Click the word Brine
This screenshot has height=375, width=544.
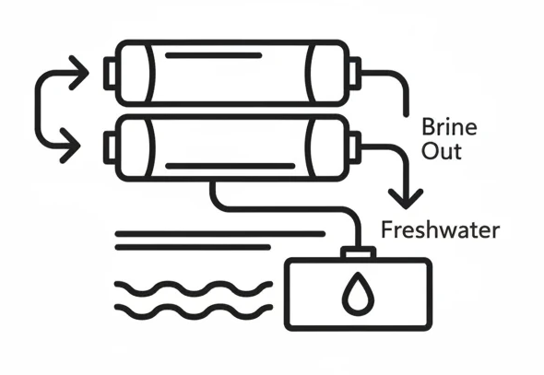449,127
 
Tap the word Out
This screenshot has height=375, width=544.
442,151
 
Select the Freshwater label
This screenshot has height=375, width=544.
440,229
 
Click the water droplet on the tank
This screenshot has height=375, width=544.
358,294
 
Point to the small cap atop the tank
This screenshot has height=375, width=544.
358,253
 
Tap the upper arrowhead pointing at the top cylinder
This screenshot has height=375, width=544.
78,73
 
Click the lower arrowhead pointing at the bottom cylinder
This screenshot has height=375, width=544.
70,146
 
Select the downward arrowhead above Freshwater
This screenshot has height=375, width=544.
406,199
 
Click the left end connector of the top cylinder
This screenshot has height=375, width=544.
110,74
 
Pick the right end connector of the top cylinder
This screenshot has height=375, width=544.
355,74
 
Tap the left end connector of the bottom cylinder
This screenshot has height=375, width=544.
110,147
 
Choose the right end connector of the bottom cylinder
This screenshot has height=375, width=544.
355,147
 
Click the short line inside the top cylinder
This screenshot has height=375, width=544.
213,55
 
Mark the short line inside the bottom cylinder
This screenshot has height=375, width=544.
230,166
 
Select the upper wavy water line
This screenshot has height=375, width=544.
194,288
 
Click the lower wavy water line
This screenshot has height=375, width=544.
194,311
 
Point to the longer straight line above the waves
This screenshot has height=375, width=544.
220,234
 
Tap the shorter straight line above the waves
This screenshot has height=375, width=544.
193,247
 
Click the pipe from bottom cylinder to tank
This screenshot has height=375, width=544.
285,209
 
